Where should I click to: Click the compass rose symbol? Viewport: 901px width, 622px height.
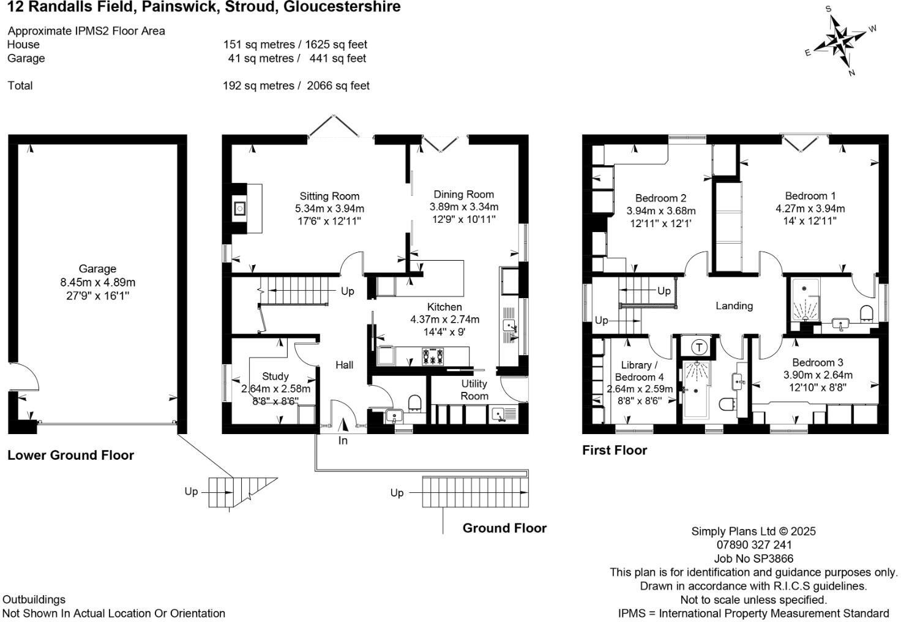(x=843, y=42)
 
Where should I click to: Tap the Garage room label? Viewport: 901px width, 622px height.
(x=97, y=269)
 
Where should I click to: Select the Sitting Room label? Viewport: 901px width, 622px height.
(x=329, y=196)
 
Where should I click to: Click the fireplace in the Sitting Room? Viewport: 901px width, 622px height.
(x=240, y=209)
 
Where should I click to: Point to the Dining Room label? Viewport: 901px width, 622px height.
(x=463, y=194)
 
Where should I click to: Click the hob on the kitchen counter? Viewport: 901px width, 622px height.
(x=433, y=356)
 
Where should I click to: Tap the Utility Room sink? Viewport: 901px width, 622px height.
(x=503, y=415)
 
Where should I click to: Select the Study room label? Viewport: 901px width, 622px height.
(x=275, y=377)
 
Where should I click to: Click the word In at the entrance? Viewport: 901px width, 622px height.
(x=343, y=441)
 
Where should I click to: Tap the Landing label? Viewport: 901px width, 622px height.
(x=734, y=305)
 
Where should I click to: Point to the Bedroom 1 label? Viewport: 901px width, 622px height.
(x=810, y=196)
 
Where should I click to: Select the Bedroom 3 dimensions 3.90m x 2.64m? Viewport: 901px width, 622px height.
(x=817, y=375)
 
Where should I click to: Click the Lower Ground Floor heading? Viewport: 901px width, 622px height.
(x=70, y=455)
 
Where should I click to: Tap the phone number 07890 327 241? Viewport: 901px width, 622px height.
(x=753, y=545)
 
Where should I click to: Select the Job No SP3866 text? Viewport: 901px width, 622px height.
(x=753, y=558)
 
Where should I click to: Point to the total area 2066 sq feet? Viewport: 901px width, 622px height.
(x=338, y=86)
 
